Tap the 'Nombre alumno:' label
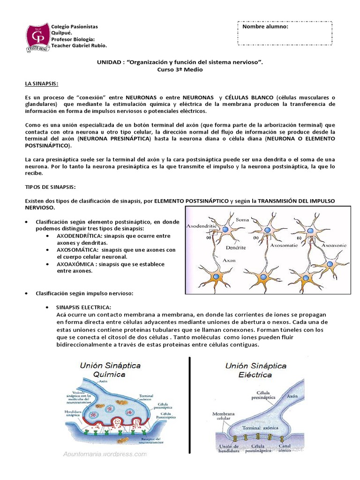pyautogui.click(x=265, y=27)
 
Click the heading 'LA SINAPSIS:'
pyautogui.click(x=42, y=83)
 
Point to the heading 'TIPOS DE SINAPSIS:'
pyautogui.click(x=50, y=187)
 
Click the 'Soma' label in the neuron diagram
pyautogui.click(x=242, y=219)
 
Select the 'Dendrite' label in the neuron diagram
pyautogui.click(x=236, y=247)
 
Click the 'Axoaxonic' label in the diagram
pyautogui.click(x=334, y=245)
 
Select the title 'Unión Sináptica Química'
pyautogui.click(x=110, y=369)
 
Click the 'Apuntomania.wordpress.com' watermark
pyautogui.click(x=105, y=454)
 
